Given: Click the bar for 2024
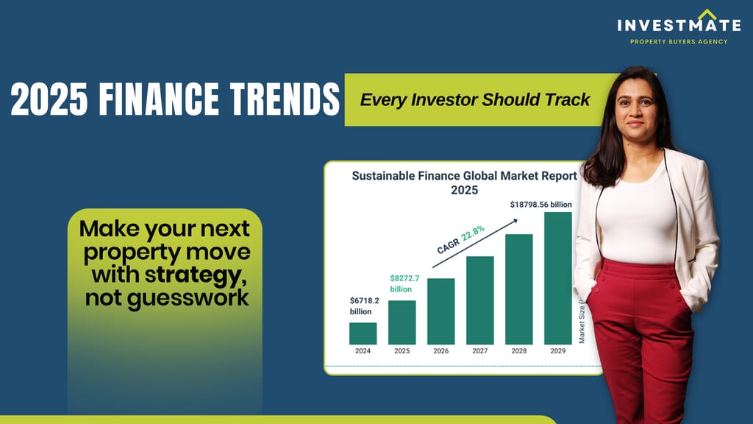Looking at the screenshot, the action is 363,333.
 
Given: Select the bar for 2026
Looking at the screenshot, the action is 441,311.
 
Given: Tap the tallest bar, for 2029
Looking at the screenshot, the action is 558,278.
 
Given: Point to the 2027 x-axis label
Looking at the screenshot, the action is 479,351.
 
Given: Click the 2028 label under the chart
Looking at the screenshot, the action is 518,351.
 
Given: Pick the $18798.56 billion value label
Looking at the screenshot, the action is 540,205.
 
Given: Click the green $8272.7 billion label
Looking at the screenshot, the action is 404,283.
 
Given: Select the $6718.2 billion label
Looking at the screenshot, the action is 364,306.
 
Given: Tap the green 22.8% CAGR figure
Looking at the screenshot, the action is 473,233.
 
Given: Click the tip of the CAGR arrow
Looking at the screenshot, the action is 517,219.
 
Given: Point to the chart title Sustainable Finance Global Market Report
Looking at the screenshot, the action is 465,176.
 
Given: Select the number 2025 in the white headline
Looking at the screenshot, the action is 49,99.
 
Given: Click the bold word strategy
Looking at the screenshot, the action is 196,275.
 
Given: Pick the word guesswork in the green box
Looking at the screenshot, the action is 188,298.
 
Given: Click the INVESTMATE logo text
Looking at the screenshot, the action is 679,25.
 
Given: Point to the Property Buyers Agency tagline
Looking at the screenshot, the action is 679,42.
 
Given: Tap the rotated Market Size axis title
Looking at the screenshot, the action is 582,323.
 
